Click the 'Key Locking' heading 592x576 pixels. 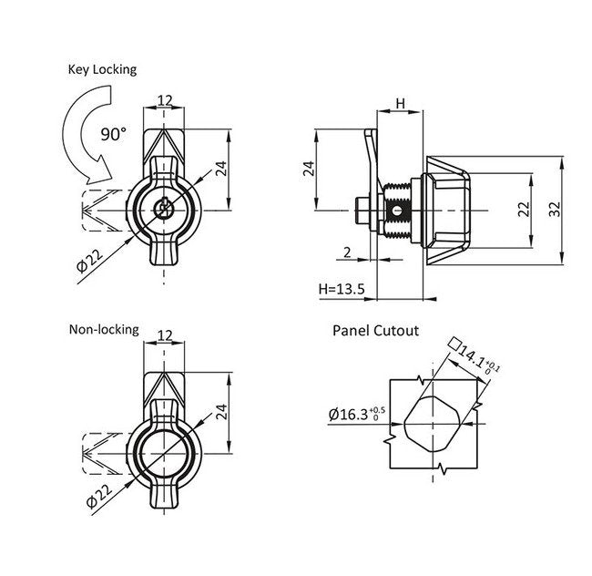click(x=101, y=69)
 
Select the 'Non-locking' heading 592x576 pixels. click(x=104, y=329)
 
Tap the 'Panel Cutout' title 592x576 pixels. click(x=375, y=330)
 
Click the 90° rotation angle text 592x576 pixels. click(x=114, y=134)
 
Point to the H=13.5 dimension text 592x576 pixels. click(x=342, y=289)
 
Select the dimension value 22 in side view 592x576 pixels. click(x=523, y=210)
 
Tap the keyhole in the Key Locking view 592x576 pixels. click(x=164, y=210)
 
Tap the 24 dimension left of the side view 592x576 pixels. click(x=308, y=169)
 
